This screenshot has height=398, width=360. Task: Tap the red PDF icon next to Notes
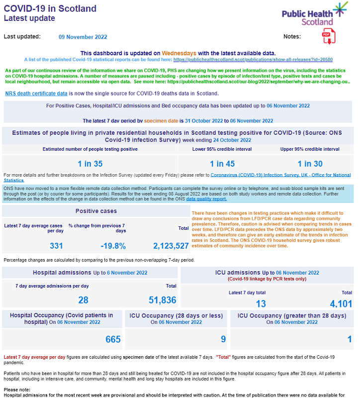point(327,36)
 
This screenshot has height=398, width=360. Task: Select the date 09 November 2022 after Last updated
point(83,37)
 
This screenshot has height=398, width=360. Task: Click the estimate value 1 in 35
point(90,164)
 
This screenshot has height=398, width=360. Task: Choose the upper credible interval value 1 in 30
point(310,164)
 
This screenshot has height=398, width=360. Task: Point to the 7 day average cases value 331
point(57,246)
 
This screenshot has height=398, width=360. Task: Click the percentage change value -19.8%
point(113,246)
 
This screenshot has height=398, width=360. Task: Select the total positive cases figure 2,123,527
point(171,246)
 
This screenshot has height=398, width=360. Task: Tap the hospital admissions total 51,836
point(163,299)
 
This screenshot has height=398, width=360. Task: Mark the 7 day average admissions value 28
point(83,299)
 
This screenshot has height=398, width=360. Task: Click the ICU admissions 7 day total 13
point(261,304)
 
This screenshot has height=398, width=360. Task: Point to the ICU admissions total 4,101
point(341,304)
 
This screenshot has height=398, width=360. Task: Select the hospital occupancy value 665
point(113,339)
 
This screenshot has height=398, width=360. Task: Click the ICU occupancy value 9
point(223,339)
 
